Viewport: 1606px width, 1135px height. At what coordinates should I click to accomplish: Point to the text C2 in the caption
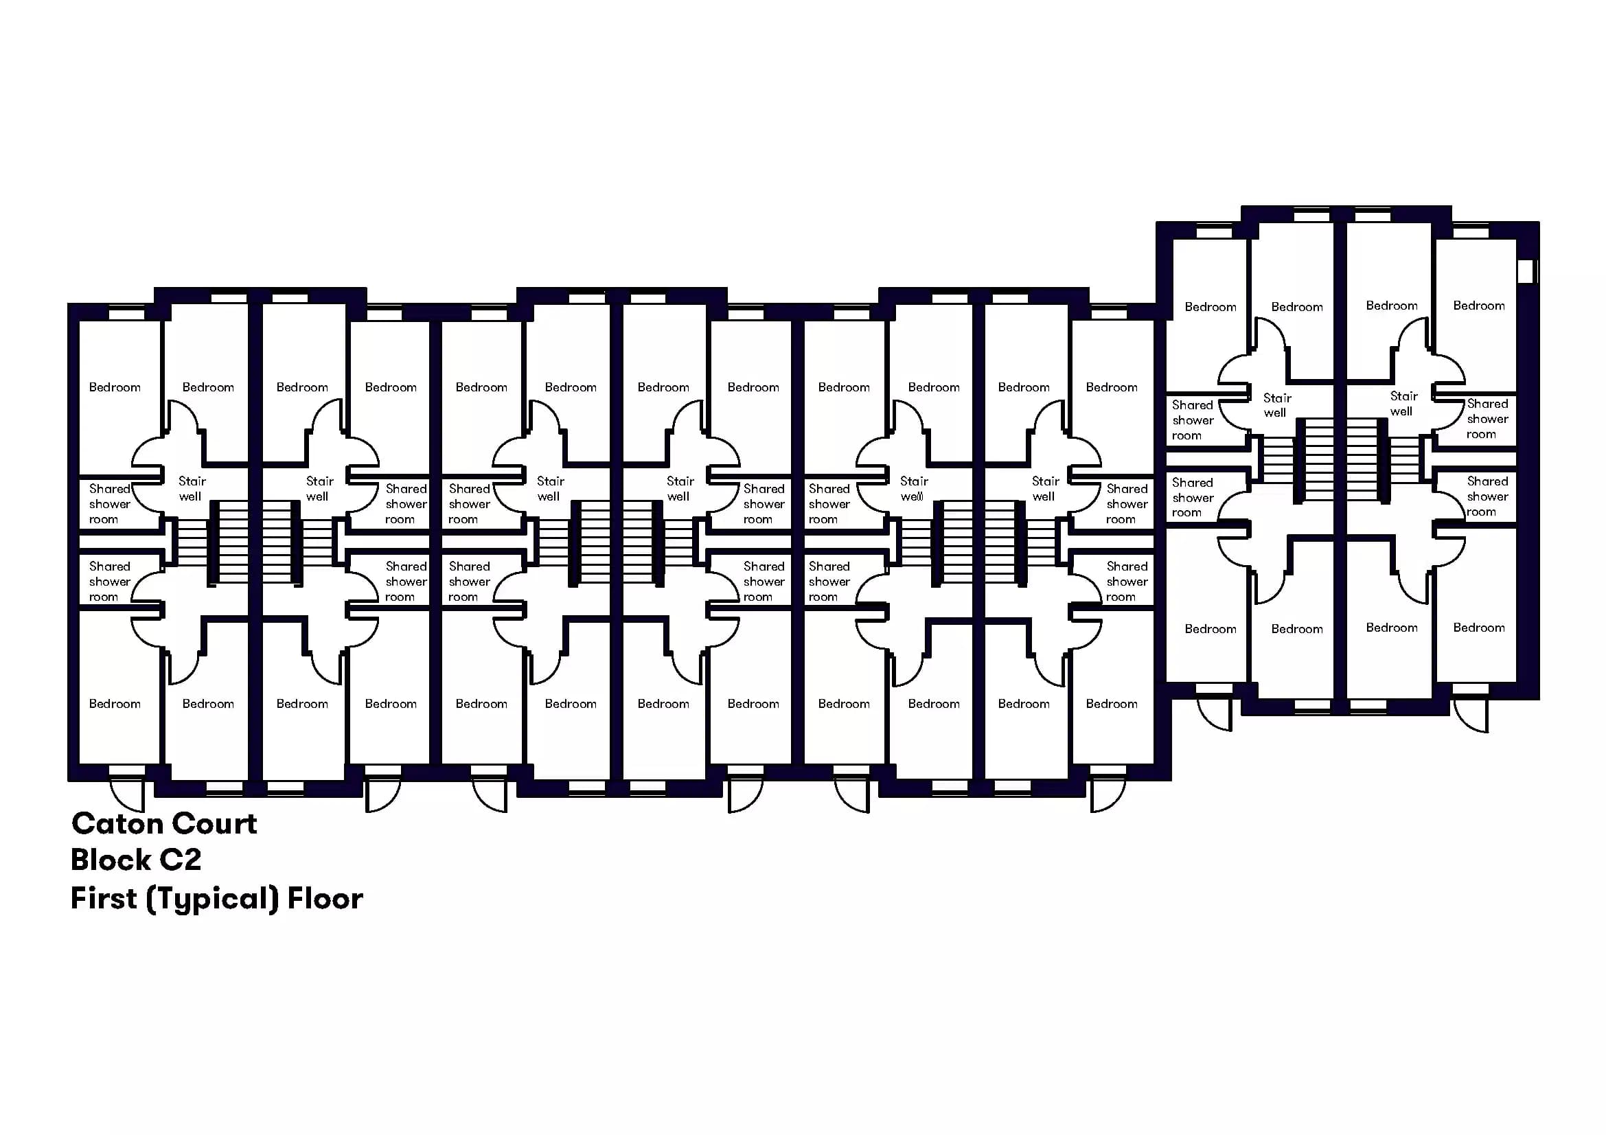(x=181, y=860)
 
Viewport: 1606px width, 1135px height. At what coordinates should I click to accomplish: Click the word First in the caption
(x=104, y=898)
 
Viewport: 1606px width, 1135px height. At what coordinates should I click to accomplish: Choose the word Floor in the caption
(x=325, y=898)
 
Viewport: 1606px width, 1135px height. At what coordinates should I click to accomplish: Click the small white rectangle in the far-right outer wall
(x=1526, y=271)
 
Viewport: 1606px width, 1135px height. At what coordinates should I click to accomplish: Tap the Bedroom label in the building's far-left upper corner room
(x=115, y=387)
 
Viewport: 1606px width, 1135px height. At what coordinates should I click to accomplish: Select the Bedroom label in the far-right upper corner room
(x=1479, y=306)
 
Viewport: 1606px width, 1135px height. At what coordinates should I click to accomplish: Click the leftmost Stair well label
(x=192, y=489)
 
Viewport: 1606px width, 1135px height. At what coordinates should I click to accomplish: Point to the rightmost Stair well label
(x=1403, y=404)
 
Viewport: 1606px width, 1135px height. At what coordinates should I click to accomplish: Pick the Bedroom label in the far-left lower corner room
(x=115, y=704)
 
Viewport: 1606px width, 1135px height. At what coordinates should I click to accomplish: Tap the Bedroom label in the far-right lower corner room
(x=1479, y=628)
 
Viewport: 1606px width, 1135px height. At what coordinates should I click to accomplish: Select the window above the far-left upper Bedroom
(x=126, y=314)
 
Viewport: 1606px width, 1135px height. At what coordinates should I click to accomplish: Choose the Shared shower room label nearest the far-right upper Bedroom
(x=1487, y=419)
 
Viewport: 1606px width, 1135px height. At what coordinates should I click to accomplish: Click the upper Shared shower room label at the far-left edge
(x=110, y=504)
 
